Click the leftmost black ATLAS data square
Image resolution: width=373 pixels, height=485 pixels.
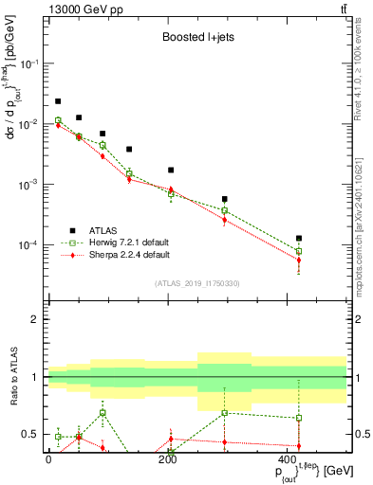point(58,101)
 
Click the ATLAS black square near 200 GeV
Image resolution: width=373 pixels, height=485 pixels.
point(171,171)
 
